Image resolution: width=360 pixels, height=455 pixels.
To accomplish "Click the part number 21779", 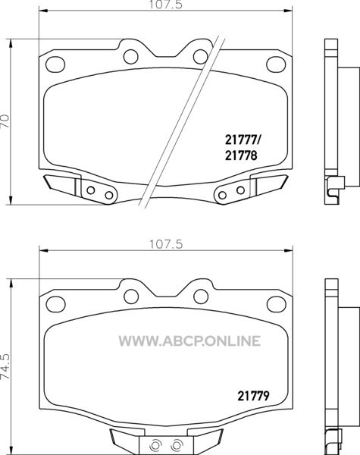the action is click(253, 396).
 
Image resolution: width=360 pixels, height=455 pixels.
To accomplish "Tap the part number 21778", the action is click(241, 155).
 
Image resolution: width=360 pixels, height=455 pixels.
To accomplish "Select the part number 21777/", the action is click(243, 140).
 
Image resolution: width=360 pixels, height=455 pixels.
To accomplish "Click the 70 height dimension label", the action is click(5, 121).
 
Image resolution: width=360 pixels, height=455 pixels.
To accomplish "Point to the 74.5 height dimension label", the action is click(5, 366).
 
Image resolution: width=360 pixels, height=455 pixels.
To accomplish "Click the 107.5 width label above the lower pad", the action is click(166, 244).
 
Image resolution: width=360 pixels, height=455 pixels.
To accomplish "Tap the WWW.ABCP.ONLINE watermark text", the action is click(189, 340).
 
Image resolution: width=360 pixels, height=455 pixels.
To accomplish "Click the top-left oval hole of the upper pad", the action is click(55, 64).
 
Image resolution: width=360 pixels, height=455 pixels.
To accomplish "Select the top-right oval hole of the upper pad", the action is click(276, 64).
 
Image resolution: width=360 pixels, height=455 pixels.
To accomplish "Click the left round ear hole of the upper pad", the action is click(131, 57).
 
